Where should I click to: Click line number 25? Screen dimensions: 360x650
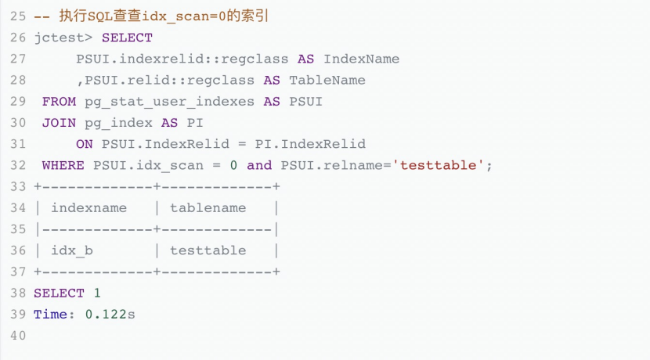click(18, 16)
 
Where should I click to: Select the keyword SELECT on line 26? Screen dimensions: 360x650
click(127, 38)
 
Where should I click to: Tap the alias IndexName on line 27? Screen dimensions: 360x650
click(361, 59)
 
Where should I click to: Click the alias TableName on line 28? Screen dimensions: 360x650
click(327, 80)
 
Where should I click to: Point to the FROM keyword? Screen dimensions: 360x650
click(59, 102)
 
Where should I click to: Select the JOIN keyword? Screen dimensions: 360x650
click(59, 123)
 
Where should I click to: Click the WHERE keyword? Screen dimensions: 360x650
click(63, 165)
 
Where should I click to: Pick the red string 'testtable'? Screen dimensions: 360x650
click(442, 165)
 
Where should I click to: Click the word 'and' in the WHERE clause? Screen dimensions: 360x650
click(259, 165)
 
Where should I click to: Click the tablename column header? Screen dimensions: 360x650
click(208, 208)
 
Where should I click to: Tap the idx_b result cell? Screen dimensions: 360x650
click(71, 250)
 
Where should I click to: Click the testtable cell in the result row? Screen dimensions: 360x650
click(208, 250)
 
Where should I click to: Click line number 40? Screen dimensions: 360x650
click(18, 335)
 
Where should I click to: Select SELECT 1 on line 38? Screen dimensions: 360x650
click(67, 293)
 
